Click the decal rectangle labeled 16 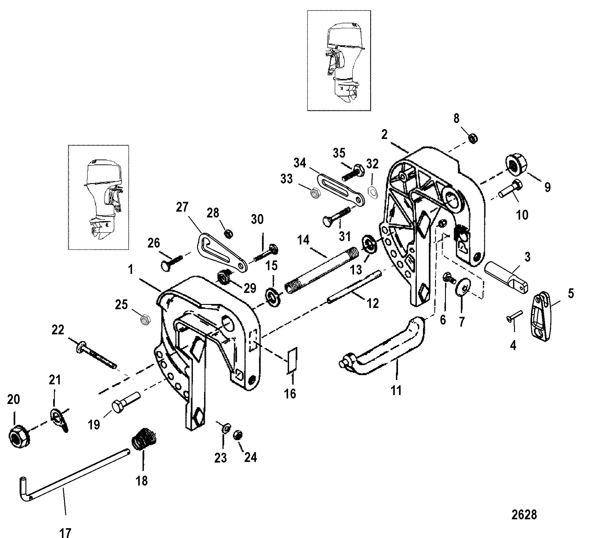(x=292, y=361)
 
